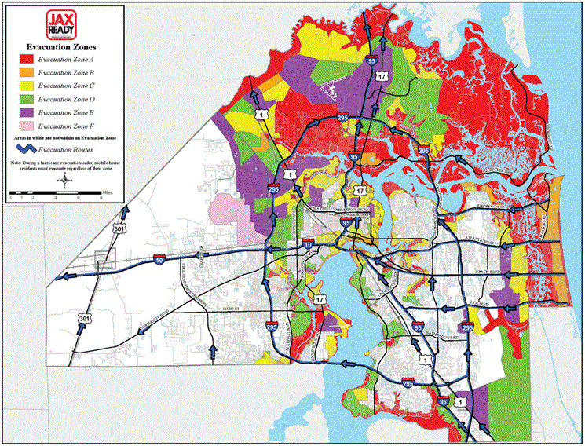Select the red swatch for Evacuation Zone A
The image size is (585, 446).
(x=26, y=59)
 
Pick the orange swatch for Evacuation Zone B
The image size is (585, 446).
(x=26, y=72)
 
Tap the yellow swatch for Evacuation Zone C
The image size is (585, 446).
(x=26, y=86)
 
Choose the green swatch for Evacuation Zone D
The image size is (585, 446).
(x=26, y=99)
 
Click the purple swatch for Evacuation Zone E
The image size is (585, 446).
(x=26, y=112)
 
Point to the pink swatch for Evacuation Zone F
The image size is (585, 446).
(x=26, y=126)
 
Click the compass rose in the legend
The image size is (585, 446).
(x=62, y=181)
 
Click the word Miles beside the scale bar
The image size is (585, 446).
(x=108, y=192)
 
